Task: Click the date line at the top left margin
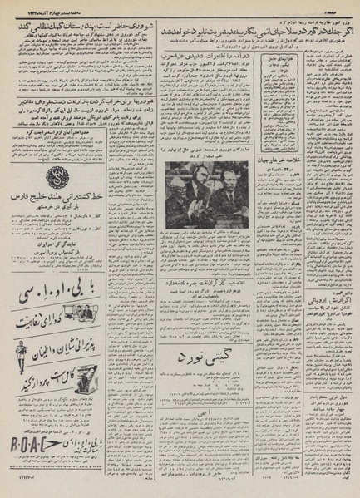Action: [58, 6]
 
